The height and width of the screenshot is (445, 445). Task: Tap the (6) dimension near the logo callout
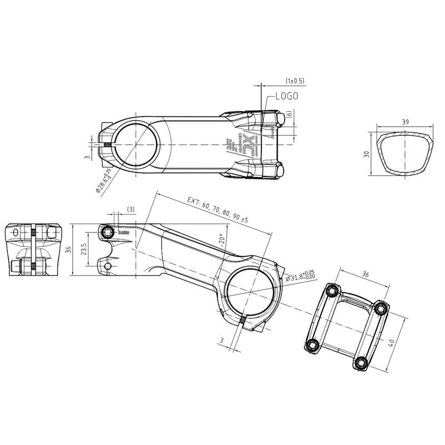(289, 114)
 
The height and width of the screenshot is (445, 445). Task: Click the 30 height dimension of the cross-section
(367, 154)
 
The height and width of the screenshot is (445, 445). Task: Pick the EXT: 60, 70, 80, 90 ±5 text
(217, 210)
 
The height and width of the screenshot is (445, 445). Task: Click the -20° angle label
(221, 240)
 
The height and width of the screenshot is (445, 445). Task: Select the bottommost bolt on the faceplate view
(361, 362)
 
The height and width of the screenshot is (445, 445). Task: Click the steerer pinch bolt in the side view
(108, 231)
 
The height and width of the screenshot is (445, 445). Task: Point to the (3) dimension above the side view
(131, 209)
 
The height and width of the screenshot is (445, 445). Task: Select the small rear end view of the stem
(33, 250)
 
